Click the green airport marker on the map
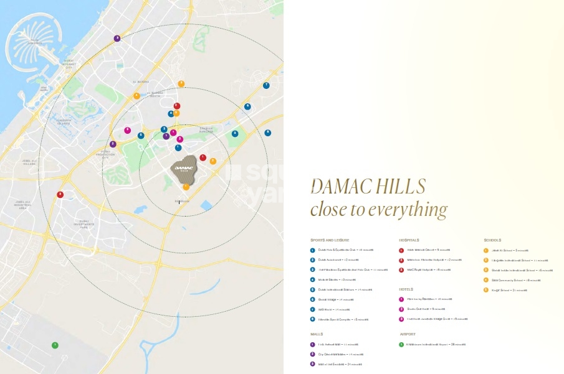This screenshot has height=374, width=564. click(x=55, y=345)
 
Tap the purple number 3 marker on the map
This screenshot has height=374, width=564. click(x=117, y=39)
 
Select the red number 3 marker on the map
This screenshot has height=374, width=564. click(x=60, y=194)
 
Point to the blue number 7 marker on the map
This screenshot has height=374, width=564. click(x=266, y=85)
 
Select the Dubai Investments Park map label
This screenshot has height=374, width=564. click(x=84, y=223)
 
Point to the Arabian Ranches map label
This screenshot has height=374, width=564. click(x=206, y=130)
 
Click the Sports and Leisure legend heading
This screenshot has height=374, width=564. click(x=330, y=240)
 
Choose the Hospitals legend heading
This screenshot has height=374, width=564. click(x=409, y=240)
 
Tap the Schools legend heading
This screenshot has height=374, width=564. click(x=492, y=240)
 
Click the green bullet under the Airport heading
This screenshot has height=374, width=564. click(x=401, y=344)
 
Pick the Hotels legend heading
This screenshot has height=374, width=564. click(x=406, y=289)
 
